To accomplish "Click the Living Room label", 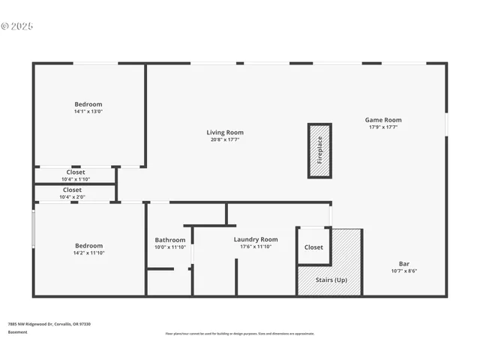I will tap(225, 133).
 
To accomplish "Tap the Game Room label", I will tap(383, 120).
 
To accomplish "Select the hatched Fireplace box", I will tap(319, 151).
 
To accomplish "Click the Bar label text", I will tap(403, 264).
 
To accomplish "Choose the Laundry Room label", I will tap(255, 239).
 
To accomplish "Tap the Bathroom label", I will tap(169, 240).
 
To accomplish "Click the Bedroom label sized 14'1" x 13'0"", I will tap(88, 104).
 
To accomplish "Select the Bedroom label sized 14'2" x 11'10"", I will tap(88, 245).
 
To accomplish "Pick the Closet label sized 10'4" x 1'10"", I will tap(76, 172).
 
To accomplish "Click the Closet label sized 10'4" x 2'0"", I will tap(73, 190).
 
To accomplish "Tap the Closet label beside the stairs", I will tap(313, 247).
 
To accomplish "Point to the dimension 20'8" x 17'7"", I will tap(225, 140).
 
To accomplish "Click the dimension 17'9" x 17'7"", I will tap(383, 127).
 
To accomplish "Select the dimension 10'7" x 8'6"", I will tap(403, 271).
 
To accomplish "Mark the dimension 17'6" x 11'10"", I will tap(255, 247).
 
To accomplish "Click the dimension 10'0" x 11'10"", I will tap(169, 247).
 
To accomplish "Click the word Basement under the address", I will tap(17, 331).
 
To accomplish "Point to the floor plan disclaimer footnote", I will tap(240, 334).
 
